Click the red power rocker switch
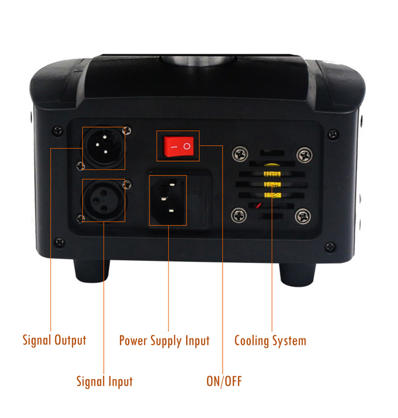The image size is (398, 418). click(178, 146)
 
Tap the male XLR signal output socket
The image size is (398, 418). click(103, 147)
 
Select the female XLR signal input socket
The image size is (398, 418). click(103, 200)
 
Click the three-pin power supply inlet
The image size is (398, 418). click(168, 200)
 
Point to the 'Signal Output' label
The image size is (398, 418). click(54, 340)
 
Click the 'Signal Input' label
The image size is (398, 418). click(104, 382)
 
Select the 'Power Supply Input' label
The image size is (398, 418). click(164, 341)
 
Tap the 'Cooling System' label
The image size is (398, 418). click(270, 341)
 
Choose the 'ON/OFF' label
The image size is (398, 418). click(224, 381)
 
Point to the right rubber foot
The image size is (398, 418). click(298, 274)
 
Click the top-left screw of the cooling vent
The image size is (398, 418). click(240, 153)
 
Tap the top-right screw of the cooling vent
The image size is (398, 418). click(304, 155)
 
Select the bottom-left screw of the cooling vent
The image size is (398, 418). click(239, 215)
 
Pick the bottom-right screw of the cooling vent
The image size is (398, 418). click(302, 216)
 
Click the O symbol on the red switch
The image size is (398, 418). click(187, 146)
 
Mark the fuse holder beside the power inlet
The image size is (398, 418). click(199, 200)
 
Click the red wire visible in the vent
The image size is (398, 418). click(258, 206)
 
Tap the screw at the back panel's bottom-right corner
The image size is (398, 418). click(330, 247)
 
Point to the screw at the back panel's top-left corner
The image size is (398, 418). click(58, 131)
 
